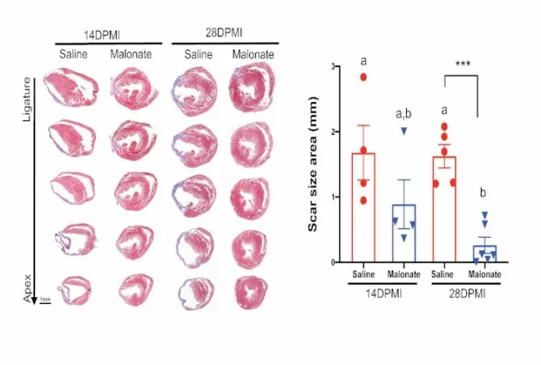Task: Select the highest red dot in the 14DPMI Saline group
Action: tap(363, 76)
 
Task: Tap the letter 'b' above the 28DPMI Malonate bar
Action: tap(485, 192)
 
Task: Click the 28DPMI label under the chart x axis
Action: tap(465, 294)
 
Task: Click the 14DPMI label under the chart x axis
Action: tap(384, 294)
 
